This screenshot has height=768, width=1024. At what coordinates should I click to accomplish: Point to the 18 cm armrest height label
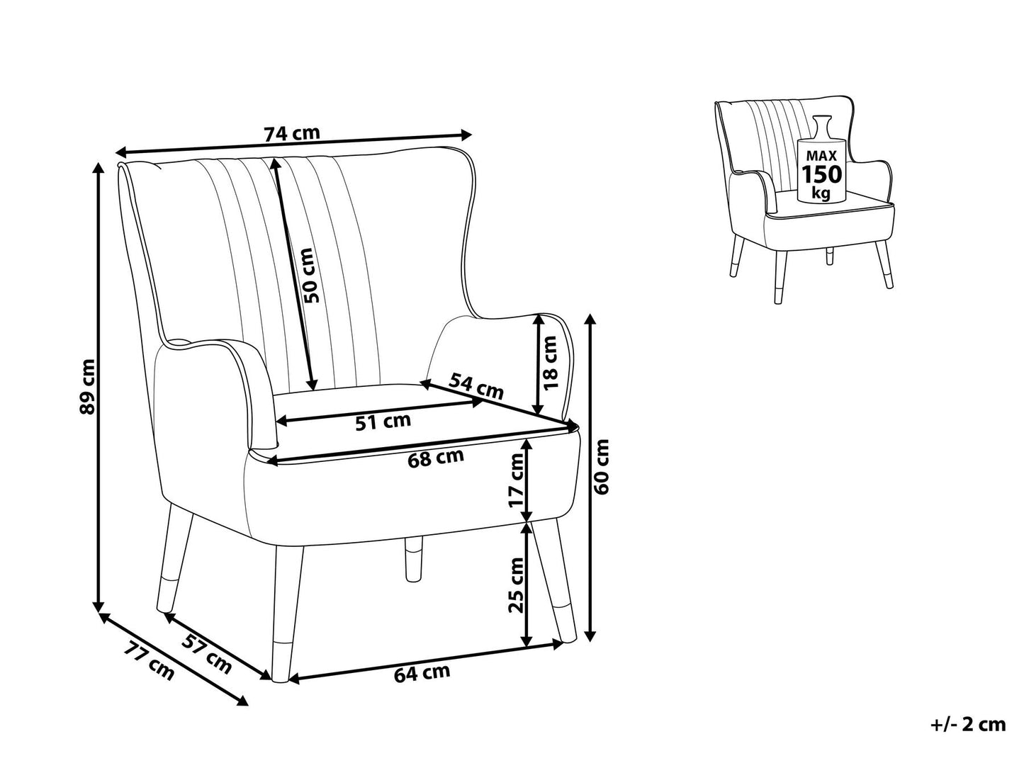(550, 363)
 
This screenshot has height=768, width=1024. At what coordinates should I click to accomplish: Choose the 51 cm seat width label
(382, 422)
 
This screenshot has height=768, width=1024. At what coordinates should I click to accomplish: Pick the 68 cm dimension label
(436, 458)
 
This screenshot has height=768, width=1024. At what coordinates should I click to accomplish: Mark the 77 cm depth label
(150, 660)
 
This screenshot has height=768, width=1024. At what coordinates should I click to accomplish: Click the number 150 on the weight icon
(821, 174)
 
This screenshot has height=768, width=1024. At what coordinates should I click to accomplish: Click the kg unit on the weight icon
(821, 193)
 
